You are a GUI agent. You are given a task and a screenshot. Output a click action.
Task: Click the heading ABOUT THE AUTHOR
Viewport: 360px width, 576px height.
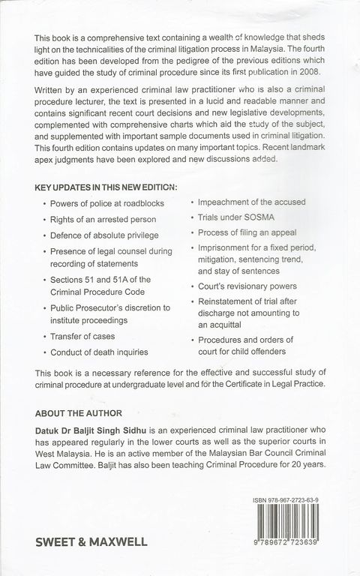point(79,412)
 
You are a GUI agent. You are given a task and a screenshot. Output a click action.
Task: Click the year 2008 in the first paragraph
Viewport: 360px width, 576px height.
point(308,72)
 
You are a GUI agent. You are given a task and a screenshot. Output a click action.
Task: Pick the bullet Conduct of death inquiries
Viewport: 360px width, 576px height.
point(104,352)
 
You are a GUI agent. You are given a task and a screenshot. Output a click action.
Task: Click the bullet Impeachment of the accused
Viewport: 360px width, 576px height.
point(252,202)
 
